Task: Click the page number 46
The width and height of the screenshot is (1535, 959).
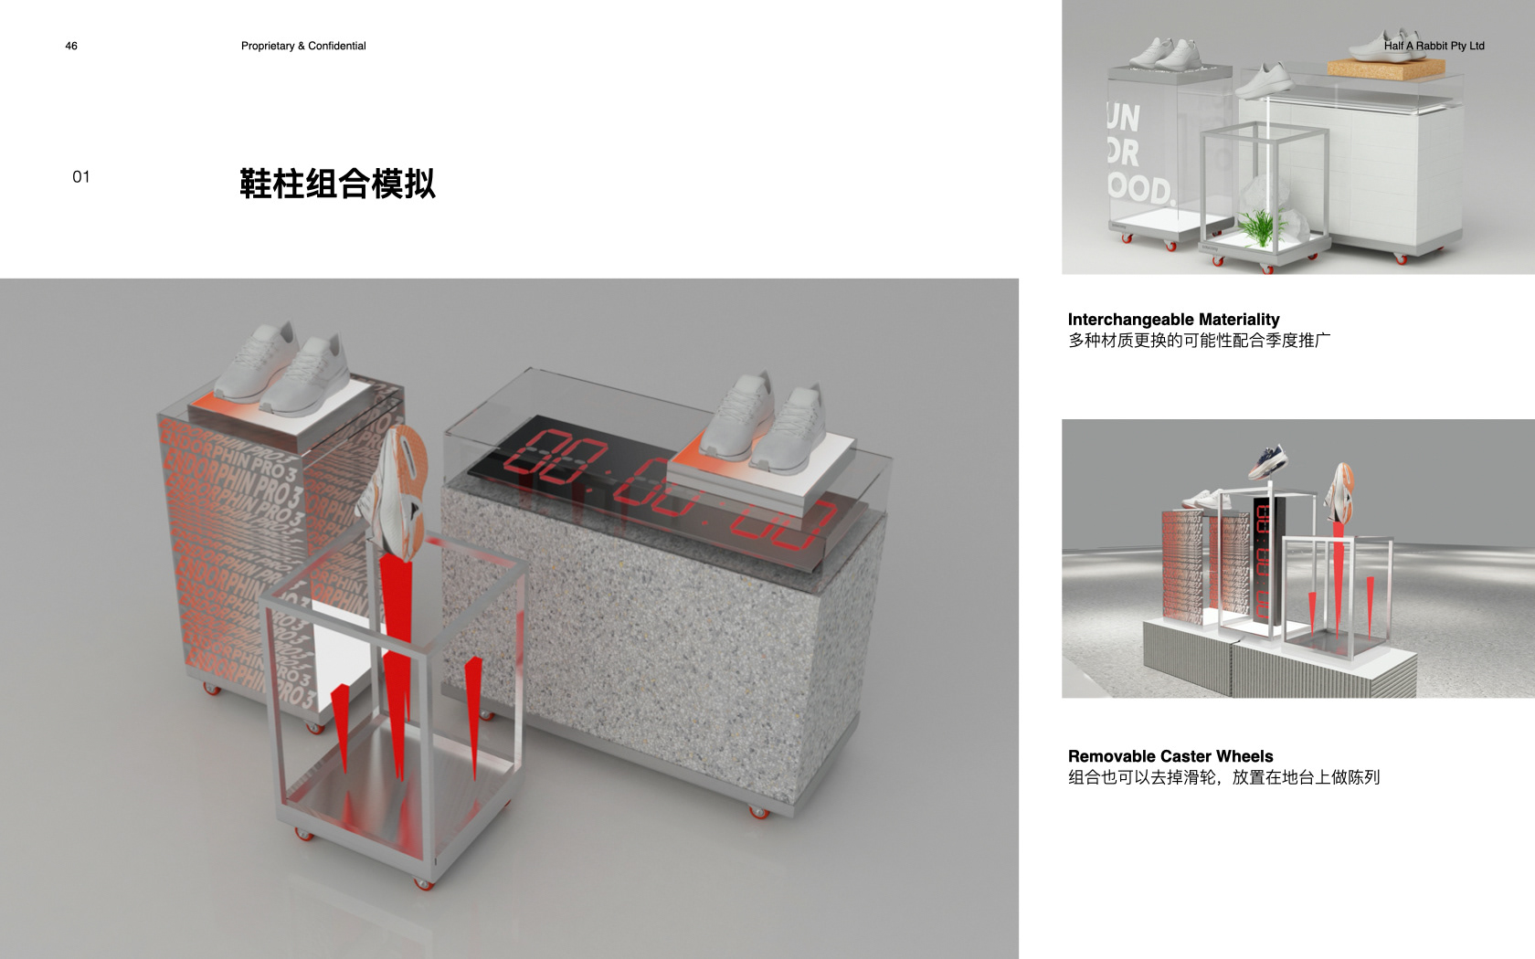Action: click(71, 46)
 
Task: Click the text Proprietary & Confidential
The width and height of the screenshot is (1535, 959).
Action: click(303, 46)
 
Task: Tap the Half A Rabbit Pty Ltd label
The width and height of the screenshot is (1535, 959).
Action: click(1434, 46)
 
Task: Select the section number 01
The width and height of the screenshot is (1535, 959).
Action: click(81, 177)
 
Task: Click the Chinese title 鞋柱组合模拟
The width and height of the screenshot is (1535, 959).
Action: click(337, 184)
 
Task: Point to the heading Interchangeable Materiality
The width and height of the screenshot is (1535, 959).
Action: click(1173, 319)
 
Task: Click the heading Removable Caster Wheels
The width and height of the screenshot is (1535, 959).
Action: click(1170, 755)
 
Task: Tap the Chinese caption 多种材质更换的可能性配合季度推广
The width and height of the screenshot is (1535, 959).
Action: click(1199, 341)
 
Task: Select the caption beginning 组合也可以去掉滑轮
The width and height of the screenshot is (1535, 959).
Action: click(1223, 777)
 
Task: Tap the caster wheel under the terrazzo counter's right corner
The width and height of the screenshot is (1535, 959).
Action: click(758, 811)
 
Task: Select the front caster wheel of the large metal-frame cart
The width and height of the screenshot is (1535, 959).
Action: click(422, 882)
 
